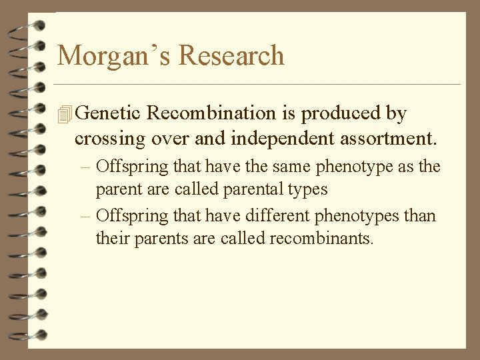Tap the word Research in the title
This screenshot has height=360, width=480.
pyautogui.click(x=232, y=55)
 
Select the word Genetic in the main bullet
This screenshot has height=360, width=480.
pyautogui.click(x=108, y=114)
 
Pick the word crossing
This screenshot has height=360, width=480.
pyautogui.click(x=110, y=139)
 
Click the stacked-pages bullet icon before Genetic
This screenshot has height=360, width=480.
pyautogui.click(x=65, y=115)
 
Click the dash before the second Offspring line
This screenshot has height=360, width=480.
pyautogui.click(x=88, y=216)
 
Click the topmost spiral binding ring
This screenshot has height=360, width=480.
pyautogui.click(x=27, y=26)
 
